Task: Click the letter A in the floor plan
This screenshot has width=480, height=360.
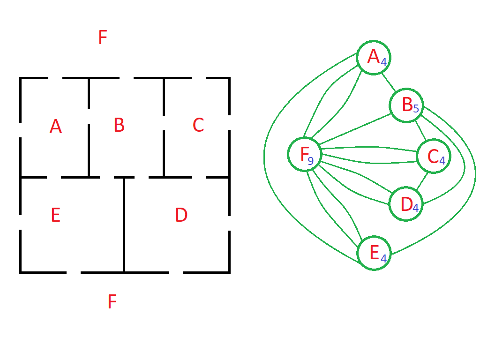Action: click(x=55, y=126)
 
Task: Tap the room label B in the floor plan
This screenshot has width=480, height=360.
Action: click(x=119, y=125)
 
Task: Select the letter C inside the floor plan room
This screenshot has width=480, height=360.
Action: click(x=198, y=125)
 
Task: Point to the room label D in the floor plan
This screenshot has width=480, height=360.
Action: click(x=181, y=215)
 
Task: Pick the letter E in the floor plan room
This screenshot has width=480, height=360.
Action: click(x=56, y=215)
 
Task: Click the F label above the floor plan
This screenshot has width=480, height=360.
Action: click(x=103, y=37)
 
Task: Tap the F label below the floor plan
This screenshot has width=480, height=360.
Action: click(x=112, y=301)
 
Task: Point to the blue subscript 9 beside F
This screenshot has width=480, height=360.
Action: click(x=310, y=161)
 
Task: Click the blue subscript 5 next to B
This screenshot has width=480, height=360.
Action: click(x=416, y=109)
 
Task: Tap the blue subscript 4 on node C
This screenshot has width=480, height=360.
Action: click(x=442, y=160)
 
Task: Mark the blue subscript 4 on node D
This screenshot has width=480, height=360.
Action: click(x=415, y=208)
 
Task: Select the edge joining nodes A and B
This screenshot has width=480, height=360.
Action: click(x=389, y=82)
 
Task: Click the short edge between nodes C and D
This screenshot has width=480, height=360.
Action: click(x=422, y=181)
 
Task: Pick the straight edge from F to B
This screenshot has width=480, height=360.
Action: click(x=355, y=129)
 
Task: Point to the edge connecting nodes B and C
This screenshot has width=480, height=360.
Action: click(x=420, y=131)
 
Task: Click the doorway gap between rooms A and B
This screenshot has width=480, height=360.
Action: click(x=89, y=116)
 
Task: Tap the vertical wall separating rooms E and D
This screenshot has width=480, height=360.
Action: click(x=124, y=225)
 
